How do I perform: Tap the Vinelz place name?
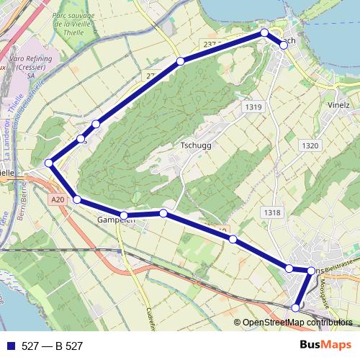point(338,104)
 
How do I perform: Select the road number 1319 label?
point(253,107)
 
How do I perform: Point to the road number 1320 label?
point(310,145)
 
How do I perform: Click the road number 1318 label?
point(272,212)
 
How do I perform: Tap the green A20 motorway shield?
point(58,199)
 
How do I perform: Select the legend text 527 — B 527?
point(53,346)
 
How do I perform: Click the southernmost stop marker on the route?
point(295,307)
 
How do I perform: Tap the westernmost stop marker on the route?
point(49,163)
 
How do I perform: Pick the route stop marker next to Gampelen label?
point(124,215)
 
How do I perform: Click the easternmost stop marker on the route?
point(311,271)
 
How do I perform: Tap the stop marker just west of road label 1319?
point(180,61)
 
